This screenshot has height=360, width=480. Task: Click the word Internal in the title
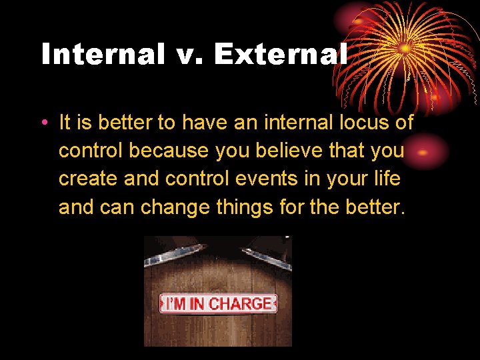103,54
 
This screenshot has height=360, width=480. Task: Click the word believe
285,151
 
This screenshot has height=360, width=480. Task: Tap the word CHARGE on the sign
240,304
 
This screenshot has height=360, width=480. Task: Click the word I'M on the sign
175,304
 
